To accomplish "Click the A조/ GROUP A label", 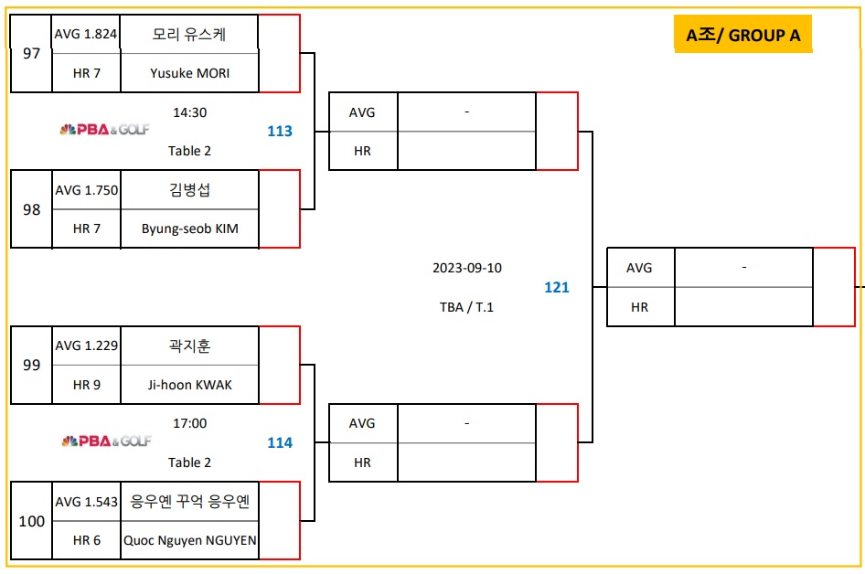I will coord(742,36).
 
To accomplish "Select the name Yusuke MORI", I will coord(190,73).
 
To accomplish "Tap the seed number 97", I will coord(32,53).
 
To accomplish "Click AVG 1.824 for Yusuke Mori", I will coord(86,34).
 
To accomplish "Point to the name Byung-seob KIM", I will coord(190,229).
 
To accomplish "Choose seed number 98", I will coord(32,209).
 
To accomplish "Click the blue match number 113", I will coord(280,131).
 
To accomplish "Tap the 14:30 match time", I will coord(190,112).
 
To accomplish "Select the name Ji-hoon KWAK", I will coord(190,385).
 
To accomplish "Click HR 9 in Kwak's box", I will coord(86,385).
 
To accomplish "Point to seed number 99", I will coord(32,365).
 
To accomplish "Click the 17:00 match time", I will coord(190,423).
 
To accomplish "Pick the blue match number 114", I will coord(280,442).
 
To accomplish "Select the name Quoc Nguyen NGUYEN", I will coord(190,540).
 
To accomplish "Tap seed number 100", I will coord(32,521).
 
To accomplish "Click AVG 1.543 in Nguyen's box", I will coord(86,502).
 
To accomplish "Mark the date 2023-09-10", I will coord(467,268).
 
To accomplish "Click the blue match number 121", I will coord(557,287).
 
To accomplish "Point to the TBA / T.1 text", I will coord(466,307).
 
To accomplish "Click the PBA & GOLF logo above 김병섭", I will coord(105,130).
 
